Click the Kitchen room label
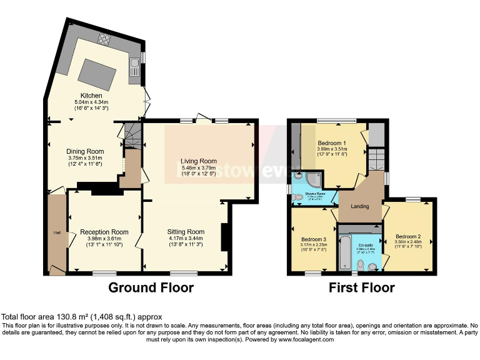[x=91, y=96]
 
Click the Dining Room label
[x=86, y=151]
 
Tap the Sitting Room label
[x=186, y=232]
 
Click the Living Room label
[x=199, y=161]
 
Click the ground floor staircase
[x=131, y=134]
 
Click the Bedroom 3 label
[x=314, y=239]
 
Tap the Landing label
[x=360, y=206]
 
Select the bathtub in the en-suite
[x=344, y=253]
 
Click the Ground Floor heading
[x=151, y=288]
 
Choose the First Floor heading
[x=362, y=288]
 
